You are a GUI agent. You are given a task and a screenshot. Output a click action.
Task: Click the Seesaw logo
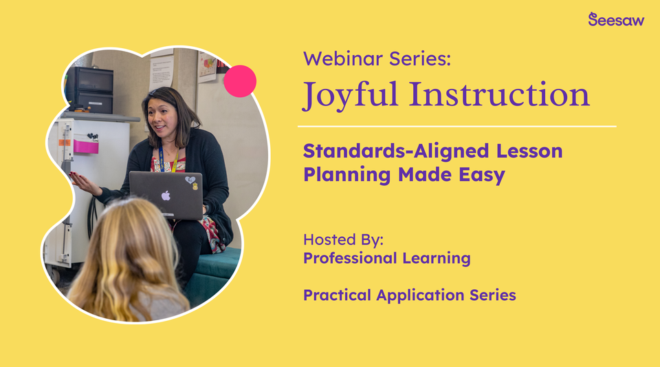click(x=616, y=19)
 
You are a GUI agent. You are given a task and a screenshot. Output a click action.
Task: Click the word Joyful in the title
click(x=351, y=95)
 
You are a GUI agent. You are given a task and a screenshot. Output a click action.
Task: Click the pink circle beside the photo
click(x=240, y=81)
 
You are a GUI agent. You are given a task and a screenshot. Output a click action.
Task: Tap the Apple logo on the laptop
click(x=165, y=195)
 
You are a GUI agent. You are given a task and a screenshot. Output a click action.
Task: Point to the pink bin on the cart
click(x=86, y=147)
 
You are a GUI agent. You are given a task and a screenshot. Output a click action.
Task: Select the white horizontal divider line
click(x=456, y=127)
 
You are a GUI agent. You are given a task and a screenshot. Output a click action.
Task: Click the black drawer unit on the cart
click(x=89, y=90)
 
